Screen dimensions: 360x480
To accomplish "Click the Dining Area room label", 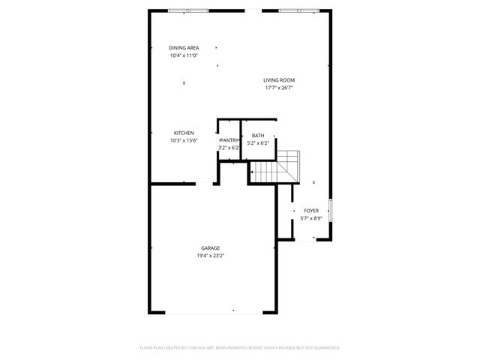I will point(184,48).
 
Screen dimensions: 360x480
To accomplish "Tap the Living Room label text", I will point(278,80).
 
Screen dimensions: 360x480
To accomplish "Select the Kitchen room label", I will point(184,133).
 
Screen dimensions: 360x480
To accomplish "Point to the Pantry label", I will point(229,140).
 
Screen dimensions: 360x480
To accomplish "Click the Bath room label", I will point(257,136).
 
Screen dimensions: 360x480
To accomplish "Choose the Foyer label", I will point(310,211).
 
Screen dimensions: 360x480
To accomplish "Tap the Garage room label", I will point(210,248).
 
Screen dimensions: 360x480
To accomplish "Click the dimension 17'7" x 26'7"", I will point(278,88).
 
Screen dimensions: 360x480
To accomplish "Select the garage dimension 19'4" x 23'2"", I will point(210,256).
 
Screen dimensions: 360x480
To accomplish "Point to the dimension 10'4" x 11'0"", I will point(184,55).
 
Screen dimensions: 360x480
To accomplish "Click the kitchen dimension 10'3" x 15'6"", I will point(184,140).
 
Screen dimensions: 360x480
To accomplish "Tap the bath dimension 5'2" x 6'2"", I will point(257,143).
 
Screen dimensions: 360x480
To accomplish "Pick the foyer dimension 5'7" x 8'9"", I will point(310,218).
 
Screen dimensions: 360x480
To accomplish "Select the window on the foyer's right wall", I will point(331,210).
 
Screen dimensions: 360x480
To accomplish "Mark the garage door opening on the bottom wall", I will point(214,313).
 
